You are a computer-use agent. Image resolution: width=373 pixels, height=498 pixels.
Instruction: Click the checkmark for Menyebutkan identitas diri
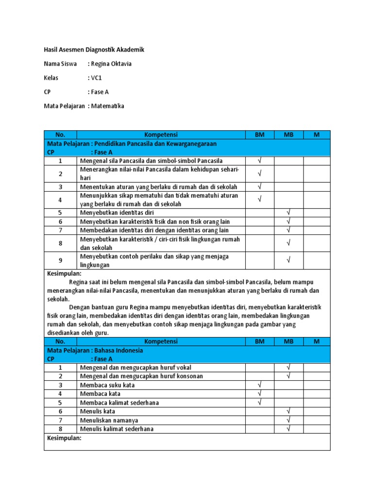coord(288,213)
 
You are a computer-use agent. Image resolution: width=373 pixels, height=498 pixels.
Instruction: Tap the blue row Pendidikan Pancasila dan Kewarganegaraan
coord(132,144)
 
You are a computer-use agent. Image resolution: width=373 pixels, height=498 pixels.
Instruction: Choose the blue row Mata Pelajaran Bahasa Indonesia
coord(95,350)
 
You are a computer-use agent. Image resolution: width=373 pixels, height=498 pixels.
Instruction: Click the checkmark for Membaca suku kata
coord(259,385)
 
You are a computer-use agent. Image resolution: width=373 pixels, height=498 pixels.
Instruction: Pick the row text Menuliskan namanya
coord(109,420)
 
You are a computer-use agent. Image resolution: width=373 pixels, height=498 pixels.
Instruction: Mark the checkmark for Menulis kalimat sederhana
coord(288,428)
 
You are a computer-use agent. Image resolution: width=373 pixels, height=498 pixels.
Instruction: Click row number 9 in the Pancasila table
coord(60,261)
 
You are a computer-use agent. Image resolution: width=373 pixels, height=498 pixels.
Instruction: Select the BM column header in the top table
coord(259,135)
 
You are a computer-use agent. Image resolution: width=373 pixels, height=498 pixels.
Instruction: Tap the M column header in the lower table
coord(317,341)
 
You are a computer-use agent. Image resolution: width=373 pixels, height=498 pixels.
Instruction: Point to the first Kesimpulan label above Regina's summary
coord(64,274)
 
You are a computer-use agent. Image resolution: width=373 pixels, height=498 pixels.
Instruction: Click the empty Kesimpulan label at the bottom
coord(64,438)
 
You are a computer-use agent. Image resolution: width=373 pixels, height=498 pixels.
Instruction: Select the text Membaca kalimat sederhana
coord(119,403)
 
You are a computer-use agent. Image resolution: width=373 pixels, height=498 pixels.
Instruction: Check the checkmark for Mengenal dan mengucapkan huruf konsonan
coord(288,376)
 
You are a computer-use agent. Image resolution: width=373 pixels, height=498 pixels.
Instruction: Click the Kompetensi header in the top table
coord(161,135)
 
